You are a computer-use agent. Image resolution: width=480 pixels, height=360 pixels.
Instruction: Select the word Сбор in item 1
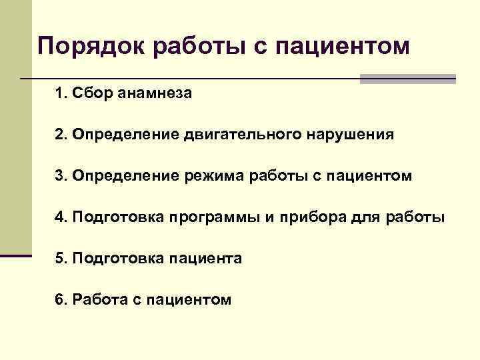tap(95, 94)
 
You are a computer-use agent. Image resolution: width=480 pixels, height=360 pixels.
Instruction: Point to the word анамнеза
tap(155, 94)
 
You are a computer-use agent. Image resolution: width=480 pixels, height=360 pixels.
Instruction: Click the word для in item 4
tap(367, 217)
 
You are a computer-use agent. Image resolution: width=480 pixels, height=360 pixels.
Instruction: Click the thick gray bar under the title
tap(407, 79)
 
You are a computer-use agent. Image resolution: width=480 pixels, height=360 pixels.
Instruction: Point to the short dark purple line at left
tap(16, 255)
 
